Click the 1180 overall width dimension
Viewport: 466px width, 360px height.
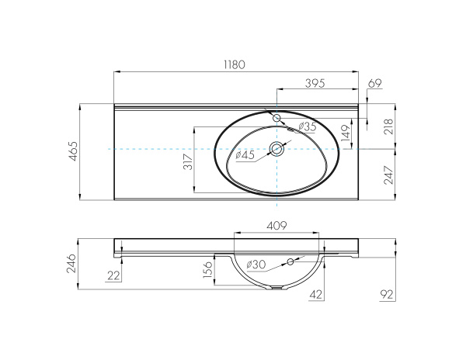[x=235, y=65]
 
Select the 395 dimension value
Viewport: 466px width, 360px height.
[x=313, y=82]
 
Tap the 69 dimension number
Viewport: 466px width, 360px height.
[x=374, y=82]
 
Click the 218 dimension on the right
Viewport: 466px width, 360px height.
[x=388, y=125]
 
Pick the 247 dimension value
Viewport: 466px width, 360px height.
[x=388, y=176]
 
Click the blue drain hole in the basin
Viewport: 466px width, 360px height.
[x=276, y=149]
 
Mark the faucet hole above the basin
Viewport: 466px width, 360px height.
[x=276, y=116]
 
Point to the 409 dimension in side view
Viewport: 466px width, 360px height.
[x=277, y=226]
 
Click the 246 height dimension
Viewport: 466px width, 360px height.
[x=73, y=265]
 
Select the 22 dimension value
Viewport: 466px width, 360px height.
[x=115, y=275]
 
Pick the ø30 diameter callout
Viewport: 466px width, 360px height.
[x=256, y=265]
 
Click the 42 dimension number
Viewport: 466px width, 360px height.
[x=316, y=295]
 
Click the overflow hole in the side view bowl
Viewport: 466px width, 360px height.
[x=293, y=261]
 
